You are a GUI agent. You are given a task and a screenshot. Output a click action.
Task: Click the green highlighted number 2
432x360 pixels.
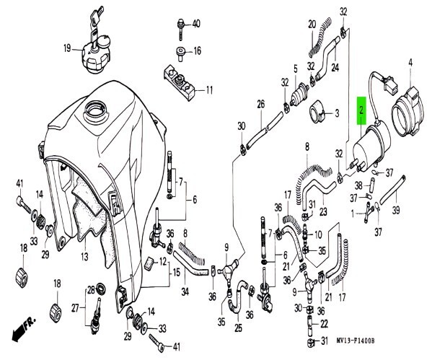(x=361, y=110)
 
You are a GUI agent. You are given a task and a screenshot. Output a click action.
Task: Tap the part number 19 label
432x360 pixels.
(x=67, y=48)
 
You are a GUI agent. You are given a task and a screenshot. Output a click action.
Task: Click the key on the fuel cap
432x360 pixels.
(x=97, y=17)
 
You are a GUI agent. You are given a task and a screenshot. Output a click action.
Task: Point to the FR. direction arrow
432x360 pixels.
(x=24, y=330)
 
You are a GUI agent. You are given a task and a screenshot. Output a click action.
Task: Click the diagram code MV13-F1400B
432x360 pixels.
(x=356, y=341)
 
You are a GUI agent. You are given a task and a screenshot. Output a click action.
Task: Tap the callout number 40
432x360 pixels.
(x=196, y=24)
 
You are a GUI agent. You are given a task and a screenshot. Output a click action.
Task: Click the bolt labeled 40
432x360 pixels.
(x=180, y=30)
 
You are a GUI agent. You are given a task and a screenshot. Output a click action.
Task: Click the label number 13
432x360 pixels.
(x=84, y=256)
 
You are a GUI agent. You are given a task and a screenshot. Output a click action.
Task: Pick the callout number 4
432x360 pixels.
(x=410, y=63)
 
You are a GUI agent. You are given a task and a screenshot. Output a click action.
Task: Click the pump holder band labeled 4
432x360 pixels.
(x=405, y=112)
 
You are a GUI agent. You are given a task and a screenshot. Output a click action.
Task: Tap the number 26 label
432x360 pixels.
(x=261, y=104)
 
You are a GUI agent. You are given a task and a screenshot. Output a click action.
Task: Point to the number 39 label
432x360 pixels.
(x=396, y=211)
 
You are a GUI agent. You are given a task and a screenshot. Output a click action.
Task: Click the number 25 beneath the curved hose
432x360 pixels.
(x=238, y=328)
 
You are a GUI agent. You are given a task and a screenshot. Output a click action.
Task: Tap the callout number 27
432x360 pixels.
(x=75, y=308)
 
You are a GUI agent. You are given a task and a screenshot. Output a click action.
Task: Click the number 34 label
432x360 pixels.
(x=185, y=291)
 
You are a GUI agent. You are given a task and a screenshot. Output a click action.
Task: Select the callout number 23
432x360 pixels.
(x=323, y=211)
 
